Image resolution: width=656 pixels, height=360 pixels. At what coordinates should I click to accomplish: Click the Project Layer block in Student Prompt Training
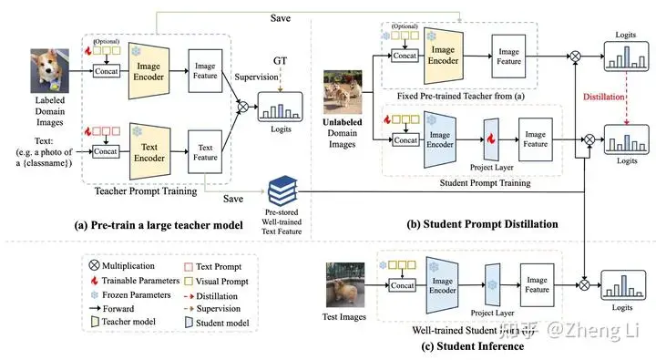tap(491, 138)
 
